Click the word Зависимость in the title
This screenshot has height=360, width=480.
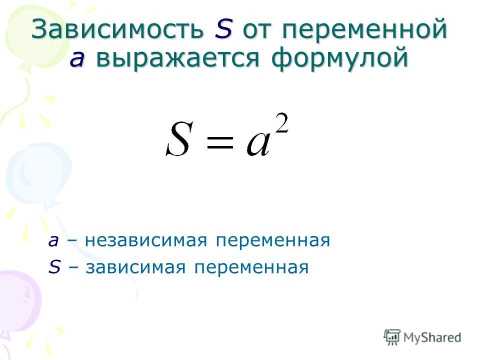point(117,28)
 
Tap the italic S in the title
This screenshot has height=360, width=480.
point(223,29)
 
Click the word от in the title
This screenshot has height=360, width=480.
point(257,30)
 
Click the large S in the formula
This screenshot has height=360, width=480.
point(179,139)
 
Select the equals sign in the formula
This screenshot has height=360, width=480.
point(220,142)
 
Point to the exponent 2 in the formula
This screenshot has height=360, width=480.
point(281,122)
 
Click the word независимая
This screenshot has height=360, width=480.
point(146,240)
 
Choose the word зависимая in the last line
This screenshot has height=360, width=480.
point(135,267)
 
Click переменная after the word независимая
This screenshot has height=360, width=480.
point(273,241)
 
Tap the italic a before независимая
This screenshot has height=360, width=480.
point(53,241)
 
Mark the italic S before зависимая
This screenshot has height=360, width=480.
point(54,267)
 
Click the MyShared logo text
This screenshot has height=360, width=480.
point(432,337)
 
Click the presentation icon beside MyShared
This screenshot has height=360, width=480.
point(392,336)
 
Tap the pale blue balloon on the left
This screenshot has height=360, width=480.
point(38,173)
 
